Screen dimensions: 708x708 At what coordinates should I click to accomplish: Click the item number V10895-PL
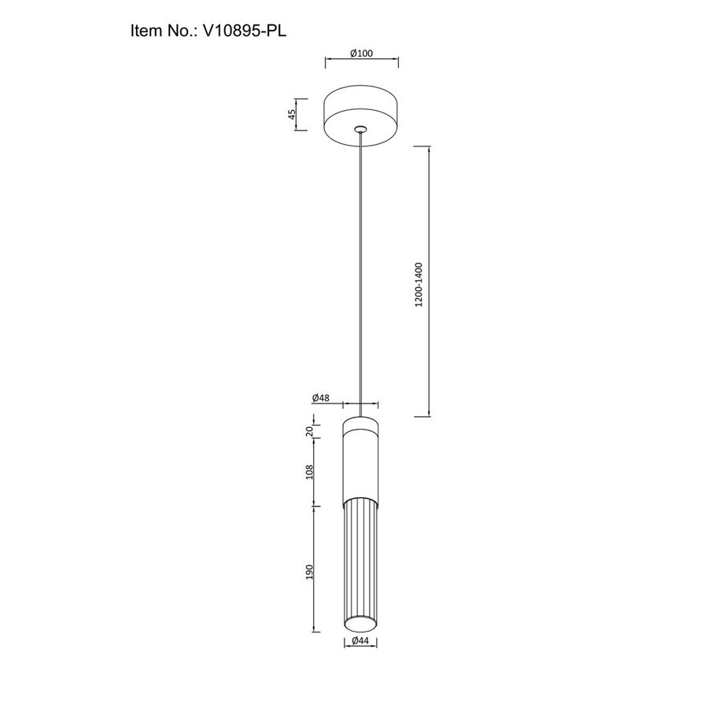[245, 31]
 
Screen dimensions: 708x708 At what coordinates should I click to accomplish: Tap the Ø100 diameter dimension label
[362, 53]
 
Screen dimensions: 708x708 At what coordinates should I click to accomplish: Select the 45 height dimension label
[292, 114]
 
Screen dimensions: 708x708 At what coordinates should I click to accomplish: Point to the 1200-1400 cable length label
[419, 285]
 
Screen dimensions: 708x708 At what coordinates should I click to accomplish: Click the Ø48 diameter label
[321, 398]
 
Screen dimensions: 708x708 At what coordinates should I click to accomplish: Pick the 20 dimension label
[310, 431]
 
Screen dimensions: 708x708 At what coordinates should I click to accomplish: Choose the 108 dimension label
[310, 472]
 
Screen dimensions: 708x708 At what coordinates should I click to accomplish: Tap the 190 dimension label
[310, 572]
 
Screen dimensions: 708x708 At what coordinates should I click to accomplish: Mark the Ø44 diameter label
[360, 640]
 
